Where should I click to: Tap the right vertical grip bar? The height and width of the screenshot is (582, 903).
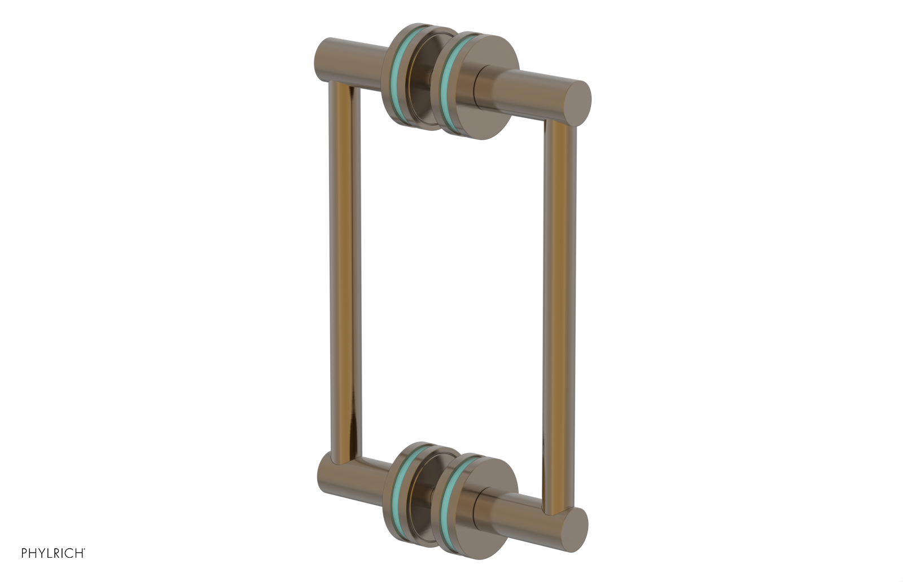click(x=559, y=310)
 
